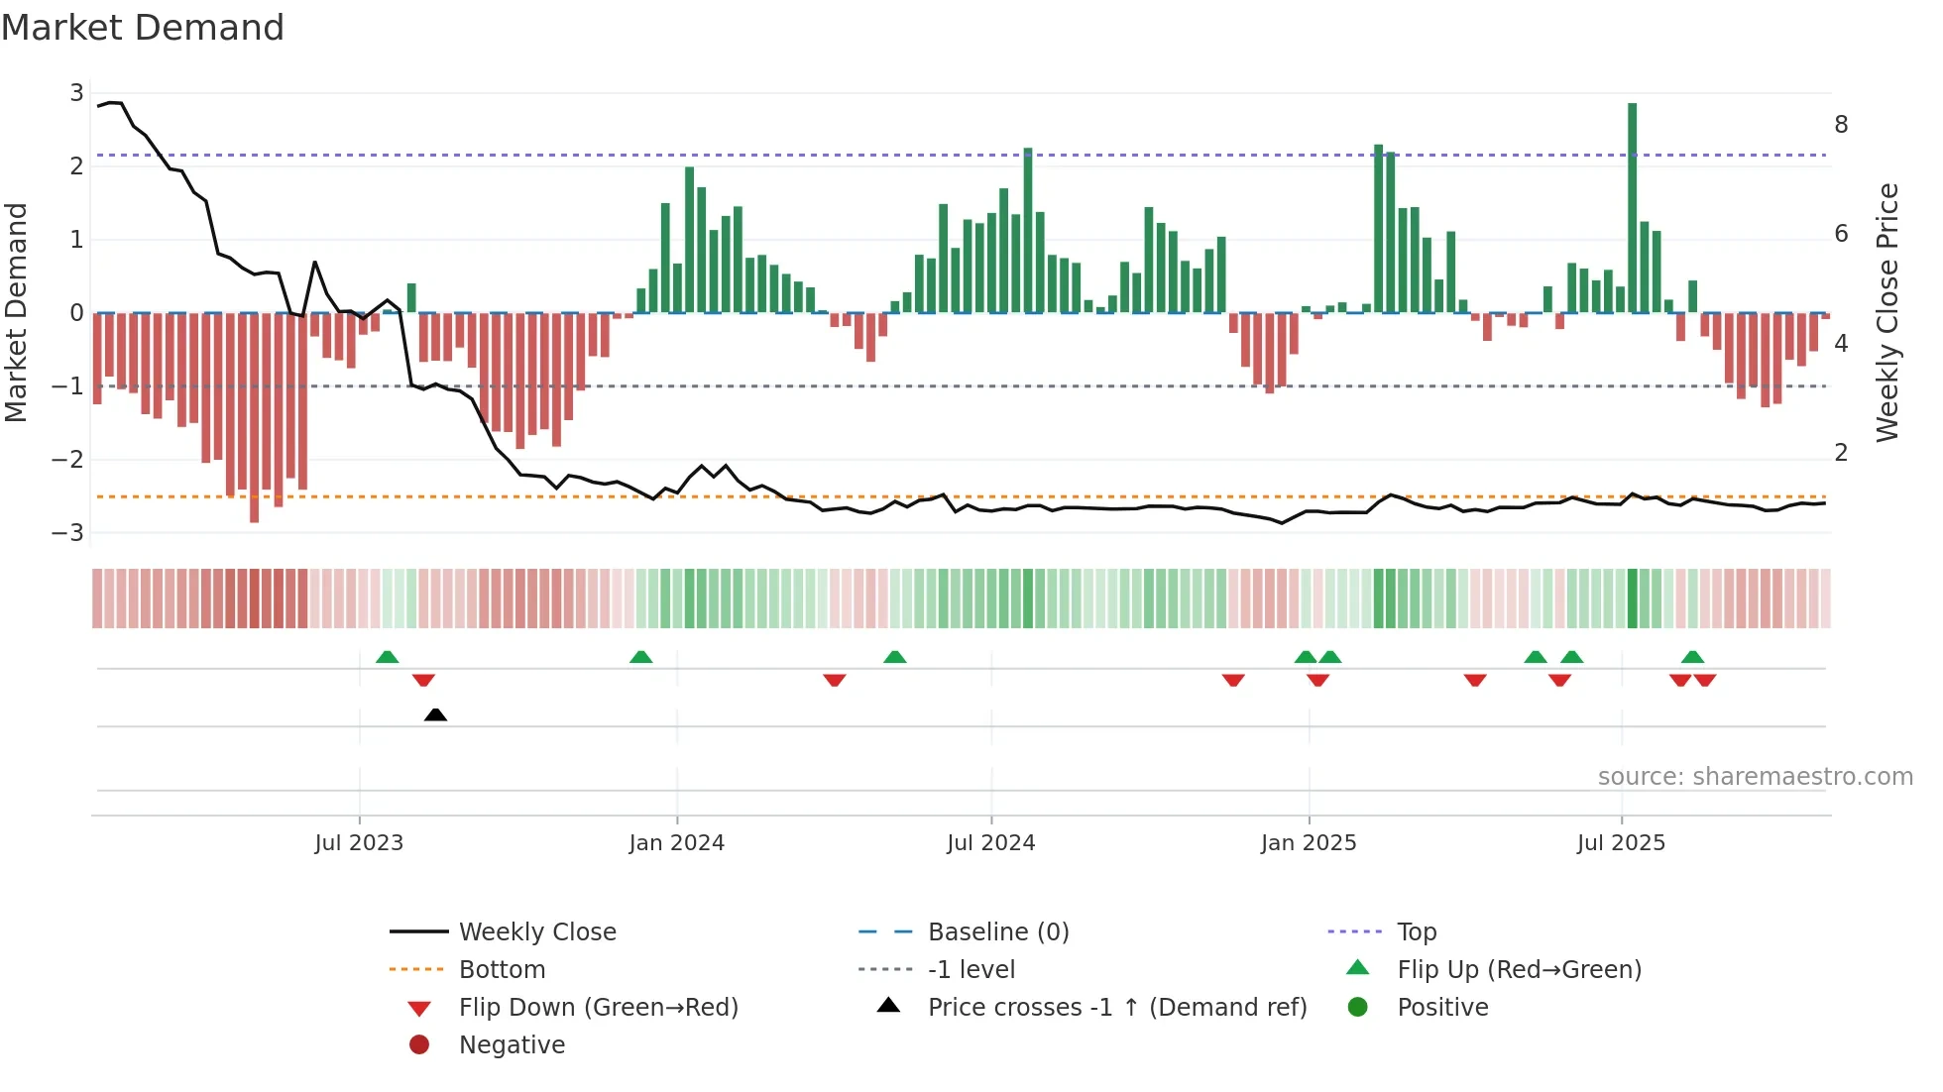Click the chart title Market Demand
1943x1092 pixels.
click(143, 28)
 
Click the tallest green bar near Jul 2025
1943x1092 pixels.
click(1632, 208)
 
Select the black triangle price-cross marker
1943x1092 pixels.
click(435, 714)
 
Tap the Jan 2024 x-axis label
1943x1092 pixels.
click(676, 843)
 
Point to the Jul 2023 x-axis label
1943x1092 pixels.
click(359, 843)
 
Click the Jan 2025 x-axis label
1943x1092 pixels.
click(1309, 843)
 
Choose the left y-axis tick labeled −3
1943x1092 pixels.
click(67, 532)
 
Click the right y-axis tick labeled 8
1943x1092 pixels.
click(1841, 125)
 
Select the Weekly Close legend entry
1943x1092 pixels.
click(536, 932)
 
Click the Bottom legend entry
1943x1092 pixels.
click(502, 970)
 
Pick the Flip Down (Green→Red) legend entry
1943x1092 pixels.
click(598, 1008)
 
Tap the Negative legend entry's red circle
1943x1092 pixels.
click(419, 1045)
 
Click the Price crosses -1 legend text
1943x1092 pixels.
click(1117, 1008)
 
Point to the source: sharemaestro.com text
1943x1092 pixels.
click(1755, 777)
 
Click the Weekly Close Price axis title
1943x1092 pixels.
click(1886, 312)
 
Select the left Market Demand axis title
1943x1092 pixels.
click(16, 312)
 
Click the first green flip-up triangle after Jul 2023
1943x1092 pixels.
click(388, 657)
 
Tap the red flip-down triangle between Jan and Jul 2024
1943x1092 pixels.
click(835, 680)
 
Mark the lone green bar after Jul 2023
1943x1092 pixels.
click(411, 298)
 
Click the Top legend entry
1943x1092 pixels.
click(1416, 932)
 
